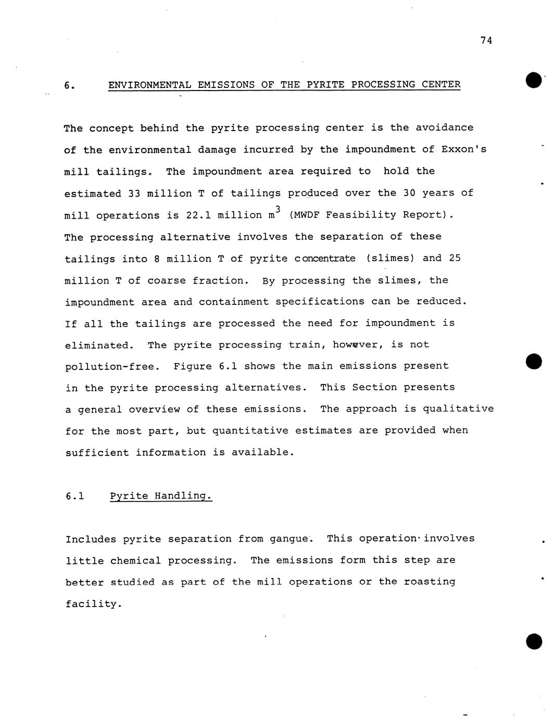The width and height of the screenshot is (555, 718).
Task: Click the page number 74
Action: point(486,41)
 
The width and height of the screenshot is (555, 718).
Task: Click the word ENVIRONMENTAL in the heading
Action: point(149,85)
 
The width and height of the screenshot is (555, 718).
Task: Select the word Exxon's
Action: point(464,150)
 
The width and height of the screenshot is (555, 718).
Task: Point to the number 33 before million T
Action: point(134,194)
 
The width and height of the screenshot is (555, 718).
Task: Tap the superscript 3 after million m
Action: point(278,209)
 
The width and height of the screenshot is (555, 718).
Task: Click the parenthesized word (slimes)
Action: point(390,259)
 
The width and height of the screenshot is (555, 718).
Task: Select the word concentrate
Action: point(325,259)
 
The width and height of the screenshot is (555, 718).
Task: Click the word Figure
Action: point(193,366)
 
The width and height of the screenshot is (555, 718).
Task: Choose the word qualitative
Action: point(458,409)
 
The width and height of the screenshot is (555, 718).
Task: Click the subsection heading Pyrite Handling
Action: point(161,496)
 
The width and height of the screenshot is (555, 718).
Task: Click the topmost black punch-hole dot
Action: point(534,81)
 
